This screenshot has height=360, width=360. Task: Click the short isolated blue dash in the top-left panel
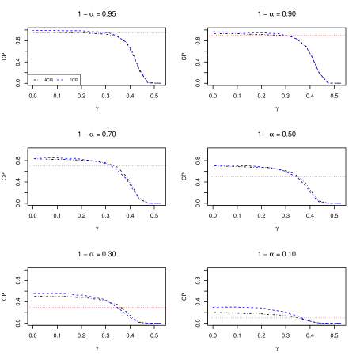(59, 80)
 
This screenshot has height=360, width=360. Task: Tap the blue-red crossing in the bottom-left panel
(115, 307)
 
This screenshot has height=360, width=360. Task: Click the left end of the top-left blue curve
(32, 31)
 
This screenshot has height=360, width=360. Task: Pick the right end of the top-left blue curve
(161, 83)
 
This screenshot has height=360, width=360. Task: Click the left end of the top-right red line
(210, 35)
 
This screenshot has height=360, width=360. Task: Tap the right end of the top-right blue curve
(341, 83)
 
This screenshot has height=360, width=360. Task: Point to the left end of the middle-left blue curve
(34, 157)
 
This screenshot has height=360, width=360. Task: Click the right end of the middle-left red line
(165, 166)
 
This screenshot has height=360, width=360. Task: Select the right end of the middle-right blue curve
(341, 203)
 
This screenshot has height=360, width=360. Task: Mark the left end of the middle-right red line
(210, 176)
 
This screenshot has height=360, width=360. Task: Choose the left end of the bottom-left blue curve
(33, 294)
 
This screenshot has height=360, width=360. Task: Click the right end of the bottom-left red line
(165, 307)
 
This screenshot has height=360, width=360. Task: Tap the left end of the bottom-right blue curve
(211, 307)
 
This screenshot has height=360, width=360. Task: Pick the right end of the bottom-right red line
(344, 318)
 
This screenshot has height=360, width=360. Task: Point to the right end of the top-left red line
(165, 32)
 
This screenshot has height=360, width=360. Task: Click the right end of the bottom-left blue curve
(162, 323)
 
